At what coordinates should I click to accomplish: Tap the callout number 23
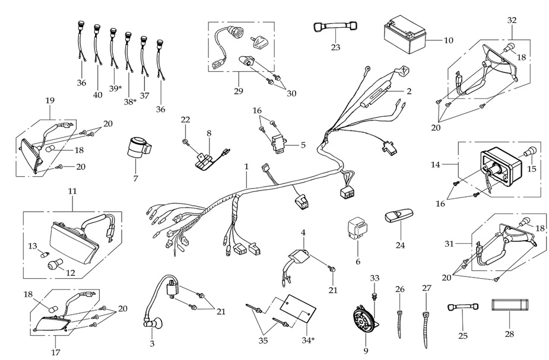click(335, 47)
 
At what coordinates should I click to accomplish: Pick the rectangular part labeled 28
click(509, 307)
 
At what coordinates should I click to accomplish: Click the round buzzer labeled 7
click(138, 147)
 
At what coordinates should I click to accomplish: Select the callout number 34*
click(309, 341)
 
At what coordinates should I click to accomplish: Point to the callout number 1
click(246, 168)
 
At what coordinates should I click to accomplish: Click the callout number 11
click(72, 192)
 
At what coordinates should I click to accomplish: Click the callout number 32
click(512, 20)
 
